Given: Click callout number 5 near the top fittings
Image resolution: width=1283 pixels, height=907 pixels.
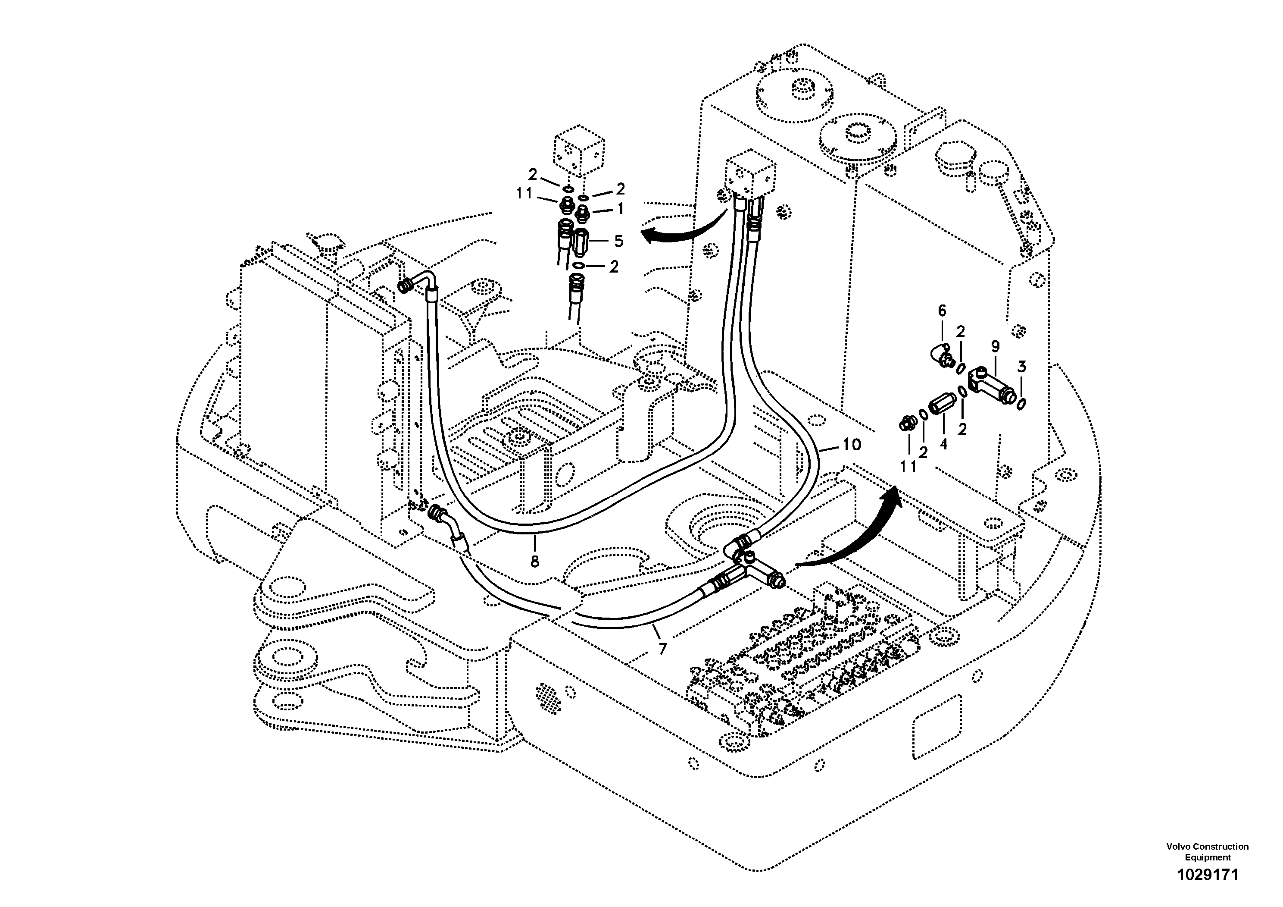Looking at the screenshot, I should pos(618,241).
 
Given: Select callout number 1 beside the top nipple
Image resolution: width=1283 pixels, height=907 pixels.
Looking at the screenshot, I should pos(620,209).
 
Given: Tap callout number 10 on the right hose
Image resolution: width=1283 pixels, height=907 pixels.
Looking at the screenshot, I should pos(852,445).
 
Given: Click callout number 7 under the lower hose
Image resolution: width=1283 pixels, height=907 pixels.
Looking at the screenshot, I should pos(663,649).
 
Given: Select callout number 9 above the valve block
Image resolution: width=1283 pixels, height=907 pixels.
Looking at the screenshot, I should pos(995,347).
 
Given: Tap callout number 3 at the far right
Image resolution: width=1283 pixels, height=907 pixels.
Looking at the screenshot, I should pos(1021,367).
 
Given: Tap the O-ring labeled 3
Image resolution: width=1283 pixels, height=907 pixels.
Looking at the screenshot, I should pos(1021,404).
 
